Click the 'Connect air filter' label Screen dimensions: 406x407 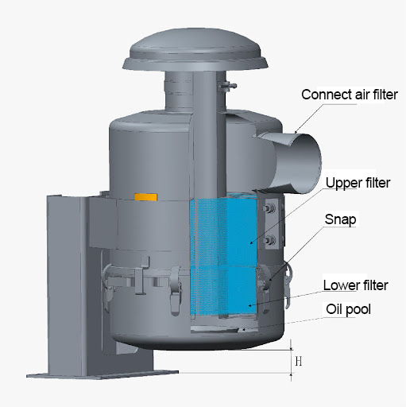coord(350,95)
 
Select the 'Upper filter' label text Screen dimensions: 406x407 coord(358,183)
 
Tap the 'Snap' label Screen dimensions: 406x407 coord(340,219)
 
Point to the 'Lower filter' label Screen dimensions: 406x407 coord(355,285)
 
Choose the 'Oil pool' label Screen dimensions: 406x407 coord(348,309)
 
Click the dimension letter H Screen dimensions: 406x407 coord(299,361)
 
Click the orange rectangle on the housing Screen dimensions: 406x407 coord(145,197)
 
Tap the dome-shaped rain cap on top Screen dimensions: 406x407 coord(195,50)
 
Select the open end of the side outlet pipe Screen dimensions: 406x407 coord(306,164)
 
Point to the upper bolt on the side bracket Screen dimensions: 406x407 coord(270,208)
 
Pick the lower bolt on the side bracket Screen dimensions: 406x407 coord(270,240)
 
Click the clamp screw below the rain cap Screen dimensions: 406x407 coord(227,86)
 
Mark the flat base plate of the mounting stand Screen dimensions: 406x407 coord(102,374)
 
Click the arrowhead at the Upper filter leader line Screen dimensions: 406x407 coord(252,242)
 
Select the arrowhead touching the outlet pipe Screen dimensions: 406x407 coord(296,131)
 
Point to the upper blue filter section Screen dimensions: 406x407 coord(223,232)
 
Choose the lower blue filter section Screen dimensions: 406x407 coord(223,291)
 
